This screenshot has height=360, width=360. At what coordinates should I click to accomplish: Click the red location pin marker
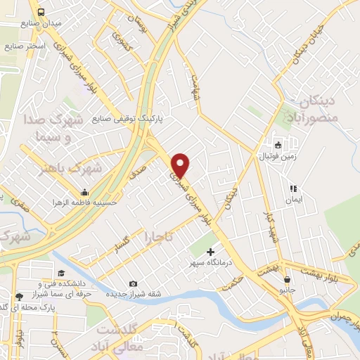(x=181, y=165)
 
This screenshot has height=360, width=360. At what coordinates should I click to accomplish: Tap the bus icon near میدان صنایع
(x=42, y=13)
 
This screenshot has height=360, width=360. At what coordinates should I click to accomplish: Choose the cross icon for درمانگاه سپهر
(x=210, y=251)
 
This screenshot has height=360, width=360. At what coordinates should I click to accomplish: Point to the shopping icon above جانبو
(x=287, y=280)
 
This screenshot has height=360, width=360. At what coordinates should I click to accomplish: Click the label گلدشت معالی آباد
(x=120, y=337)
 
